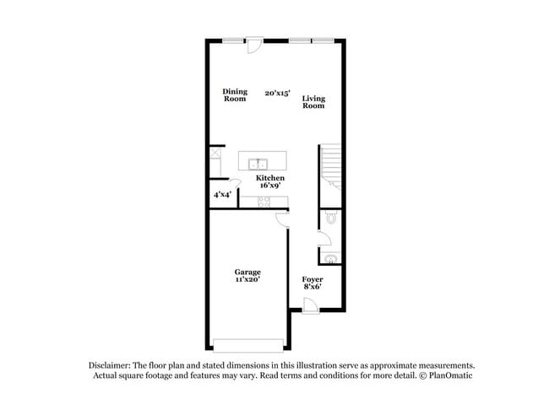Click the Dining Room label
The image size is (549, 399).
click(x=235, y=94)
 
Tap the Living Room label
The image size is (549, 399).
click(x=313, y=102)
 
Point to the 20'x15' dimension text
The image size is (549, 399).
click(x=276, y=93)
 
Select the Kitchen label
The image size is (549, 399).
click(x=270, y=178)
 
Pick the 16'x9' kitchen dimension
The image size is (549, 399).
click(x=270, y=186)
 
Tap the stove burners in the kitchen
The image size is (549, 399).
click(x=264, y=202)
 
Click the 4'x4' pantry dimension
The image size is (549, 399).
click(x=222, y=195)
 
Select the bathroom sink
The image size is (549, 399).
click(x=331, y=259)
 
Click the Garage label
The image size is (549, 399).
click(x=247, y=272)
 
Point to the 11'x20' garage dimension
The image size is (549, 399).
click(x=247, y=280)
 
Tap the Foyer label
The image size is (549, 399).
click(x=313, y=278)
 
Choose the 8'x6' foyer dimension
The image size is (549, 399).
click(x=313, y=287)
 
